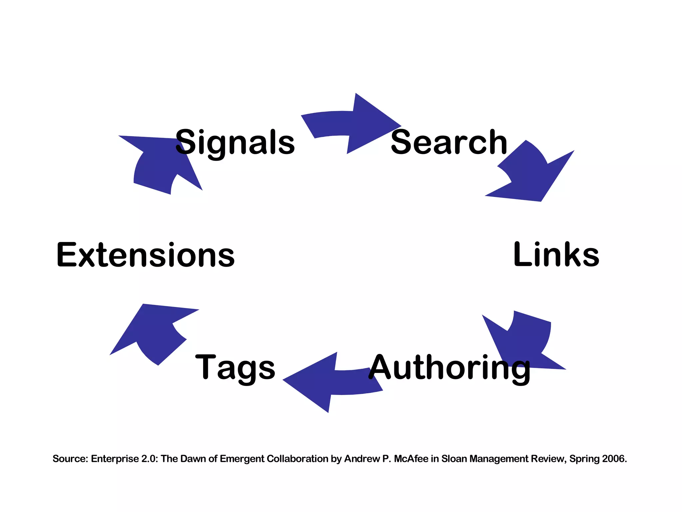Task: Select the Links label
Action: [556, 255]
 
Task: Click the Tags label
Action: [235, 367]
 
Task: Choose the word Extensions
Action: [146, 255]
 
